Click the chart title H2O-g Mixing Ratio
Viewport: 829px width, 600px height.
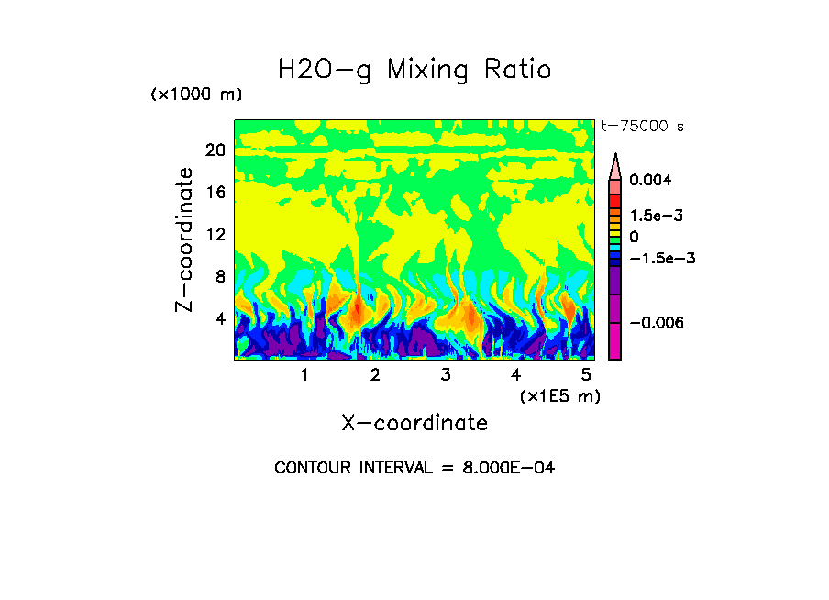tap(414, 69)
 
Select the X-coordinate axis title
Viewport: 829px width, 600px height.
tap(414, 423)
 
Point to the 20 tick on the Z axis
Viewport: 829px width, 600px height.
tap(216, 150)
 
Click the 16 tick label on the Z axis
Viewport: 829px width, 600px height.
tap(216, 193)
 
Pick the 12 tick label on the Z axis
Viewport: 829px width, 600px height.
tap(216, 234)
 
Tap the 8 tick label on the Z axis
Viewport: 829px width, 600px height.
tap(219, 276)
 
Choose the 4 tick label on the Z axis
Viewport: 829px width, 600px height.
tap(219, 318)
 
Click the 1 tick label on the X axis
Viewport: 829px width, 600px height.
tap(304, 374)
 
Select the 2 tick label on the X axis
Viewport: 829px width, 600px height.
tap(375, 374)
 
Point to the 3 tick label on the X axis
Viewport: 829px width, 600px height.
tap(446, 374)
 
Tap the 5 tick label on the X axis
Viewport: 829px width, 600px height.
tap(586, 374)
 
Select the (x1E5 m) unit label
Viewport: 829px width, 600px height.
tap(559, 395)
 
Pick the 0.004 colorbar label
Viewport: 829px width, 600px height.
tap(658, 180)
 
